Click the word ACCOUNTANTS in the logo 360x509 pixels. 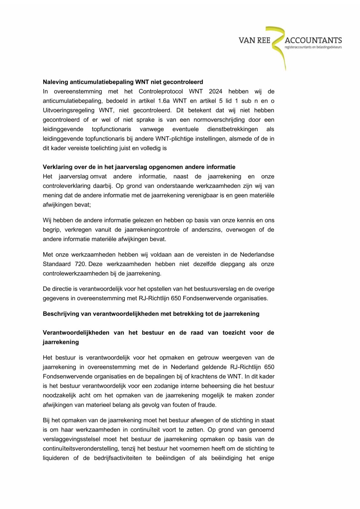(x=313, y=40)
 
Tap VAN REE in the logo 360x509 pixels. (x=254, y=40)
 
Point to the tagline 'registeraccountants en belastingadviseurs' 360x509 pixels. (x=313, y=47)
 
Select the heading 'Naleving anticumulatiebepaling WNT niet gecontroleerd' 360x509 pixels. (x=123, y=82)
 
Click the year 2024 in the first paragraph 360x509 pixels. (x=215, y=92)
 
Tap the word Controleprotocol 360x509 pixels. (x=161, y=92)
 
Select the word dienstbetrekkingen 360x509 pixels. (x=232, y=129)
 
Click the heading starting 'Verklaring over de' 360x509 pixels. (x=139, y=167)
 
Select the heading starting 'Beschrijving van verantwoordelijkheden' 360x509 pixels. (x=151, y=314)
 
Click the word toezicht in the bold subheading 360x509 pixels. (x=234, y=333)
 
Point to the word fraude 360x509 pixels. (x=208, y=405)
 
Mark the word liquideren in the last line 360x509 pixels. (x=56, y=458)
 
